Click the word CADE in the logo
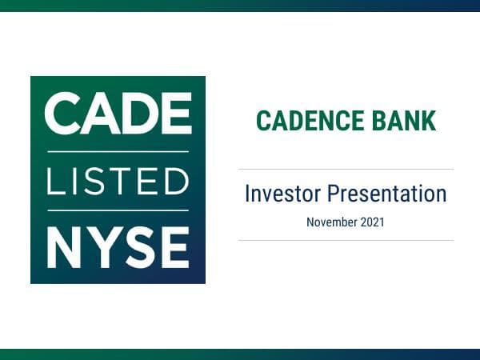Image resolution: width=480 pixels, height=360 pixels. point(118,114)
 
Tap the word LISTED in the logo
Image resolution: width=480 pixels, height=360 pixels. point(118,180)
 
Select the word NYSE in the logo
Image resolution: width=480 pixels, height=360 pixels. point(118,247)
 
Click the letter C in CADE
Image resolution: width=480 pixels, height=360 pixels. point(61,114)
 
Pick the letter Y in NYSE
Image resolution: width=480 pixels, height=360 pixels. point(101,247)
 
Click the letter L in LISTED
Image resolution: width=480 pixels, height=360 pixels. point(54,180)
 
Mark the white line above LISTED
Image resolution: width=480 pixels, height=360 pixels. point(118,151)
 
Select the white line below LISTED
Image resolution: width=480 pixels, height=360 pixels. point(118,210)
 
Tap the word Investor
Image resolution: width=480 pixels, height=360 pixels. point(282,194)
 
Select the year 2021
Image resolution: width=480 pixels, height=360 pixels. point(372,222)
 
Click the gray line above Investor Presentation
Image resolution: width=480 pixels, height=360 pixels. point(346,169)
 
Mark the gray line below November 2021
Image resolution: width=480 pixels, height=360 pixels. point(346,240)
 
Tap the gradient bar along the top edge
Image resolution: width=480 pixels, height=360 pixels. point(240,5)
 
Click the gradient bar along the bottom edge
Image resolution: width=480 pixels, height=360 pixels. point(240,354)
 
